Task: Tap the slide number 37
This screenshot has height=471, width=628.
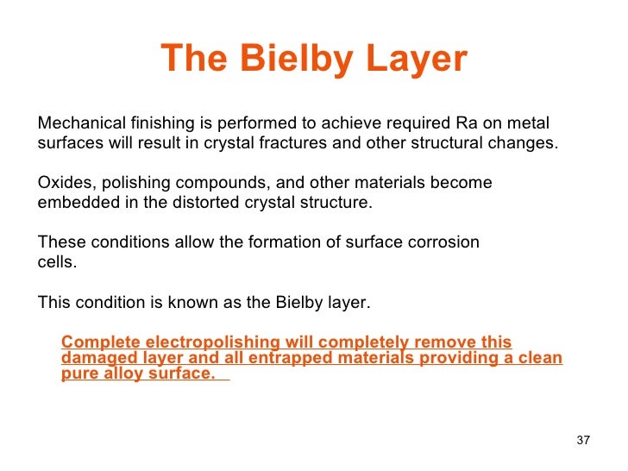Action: pyautogui.click(x=582, y=441)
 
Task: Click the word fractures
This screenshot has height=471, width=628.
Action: pyautogui.click(x=292, y=143)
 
